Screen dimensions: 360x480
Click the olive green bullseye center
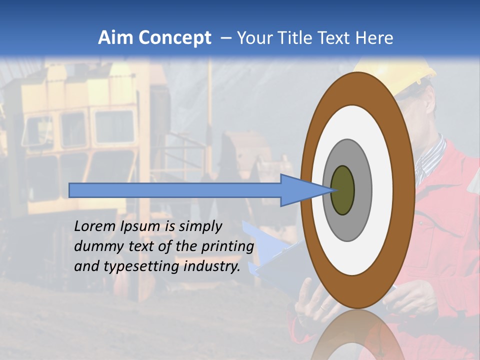click(343, 190)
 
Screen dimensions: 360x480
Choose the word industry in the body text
click(212, 266)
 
